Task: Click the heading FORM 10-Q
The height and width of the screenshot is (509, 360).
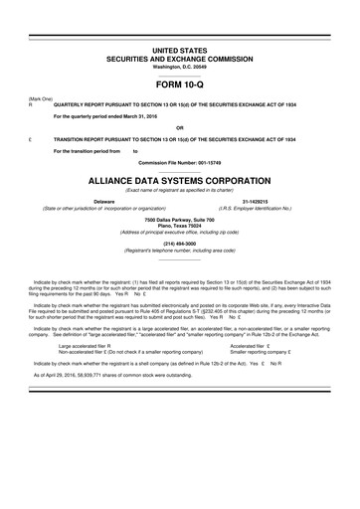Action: (x=180, y=85)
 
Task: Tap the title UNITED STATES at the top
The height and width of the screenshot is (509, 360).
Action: (x=180, y=49)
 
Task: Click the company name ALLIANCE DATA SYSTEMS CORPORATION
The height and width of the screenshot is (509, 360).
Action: (x=180, y=182)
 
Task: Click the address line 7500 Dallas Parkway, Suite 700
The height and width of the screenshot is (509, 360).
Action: (x=180, y=219)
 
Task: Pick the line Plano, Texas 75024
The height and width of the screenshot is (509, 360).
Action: (x=180, y=226)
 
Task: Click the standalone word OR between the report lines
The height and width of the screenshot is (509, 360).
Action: (x=180, y=127)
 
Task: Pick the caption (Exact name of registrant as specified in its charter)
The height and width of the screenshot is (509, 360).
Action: (x=180, y=192)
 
